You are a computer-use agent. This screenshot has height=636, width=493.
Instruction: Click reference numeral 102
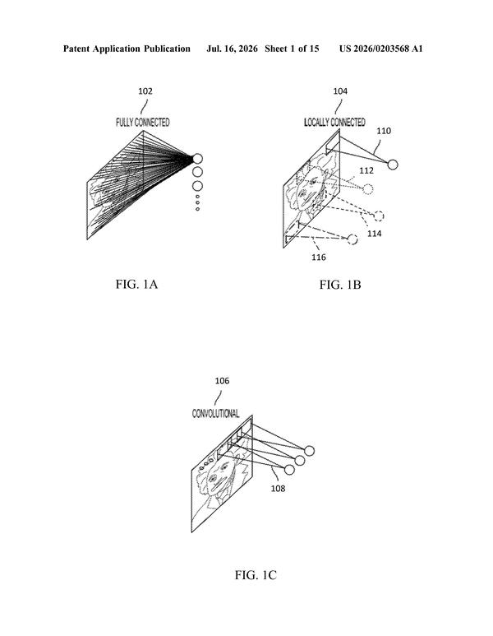pos(145,91)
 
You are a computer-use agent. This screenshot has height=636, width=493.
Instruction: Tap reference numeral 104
pos(340,91)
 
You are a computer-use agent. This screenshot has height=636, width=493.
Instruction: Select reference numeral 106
pos(222,381)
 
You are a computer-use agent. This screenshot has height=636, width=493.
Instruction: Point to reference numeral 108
pos(278,489)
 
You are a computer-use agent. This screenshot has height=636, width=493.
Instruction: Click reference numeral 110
pos(384,131)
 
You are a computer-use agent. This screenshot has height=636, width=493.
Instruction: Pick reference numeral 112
pos(366,171)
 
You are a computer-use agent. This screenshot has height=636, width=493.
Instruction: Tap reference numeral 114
pos(375,234)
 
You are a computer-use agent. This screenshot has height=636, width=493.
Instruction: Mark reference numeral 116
pos(319,258)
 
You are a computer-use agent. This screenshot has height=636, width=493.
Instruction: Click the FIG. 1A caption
pos(136,285)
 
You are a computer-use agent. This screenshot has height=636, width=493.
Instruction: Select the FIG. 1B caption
pos(340,285)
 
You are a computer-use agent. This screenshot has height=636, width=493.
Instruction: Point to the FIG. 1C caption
pos(256,575)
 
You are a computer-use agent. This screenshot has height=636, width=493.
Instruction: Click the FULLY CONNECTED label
pos(143,123)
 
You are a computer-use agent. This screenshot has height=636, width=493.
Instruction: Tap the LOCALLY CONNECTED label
pos(334,123)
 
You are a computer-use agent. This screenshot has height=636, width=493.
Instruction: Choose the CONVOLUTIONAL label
pos(215,414)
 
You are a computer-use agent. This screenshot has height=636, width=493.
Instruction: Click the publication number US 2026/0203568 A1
pos(380,49)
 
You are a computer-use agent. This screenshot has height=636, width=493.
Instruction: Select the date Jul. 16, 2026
pos(232,49)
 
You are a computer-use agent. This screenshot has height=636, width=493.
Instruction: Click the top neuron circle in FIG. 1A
pos(197,159)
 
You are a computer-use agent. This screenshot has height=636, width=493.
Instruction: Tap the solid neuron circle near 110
pos(393,165)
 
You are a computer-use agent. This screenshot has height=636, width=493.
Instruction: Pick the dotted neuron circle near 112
pos(368,189)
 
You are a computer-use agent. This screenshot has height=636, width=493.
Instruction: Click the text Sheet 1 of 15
pos(292,49)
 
